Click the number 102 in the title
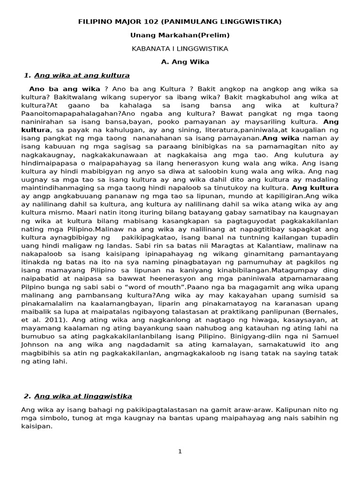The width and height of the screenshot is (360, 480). point(160,22)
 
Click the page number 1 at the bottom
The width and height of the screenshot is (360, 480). point(180,451)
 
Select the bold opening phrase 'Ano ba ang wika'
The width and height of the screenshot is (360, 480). point(65,89)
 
